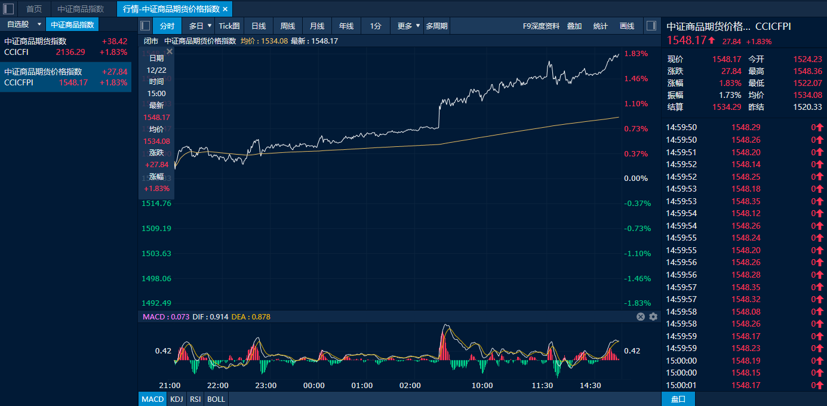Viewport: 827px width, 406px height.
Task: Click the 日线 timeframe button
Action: tap(259, 26)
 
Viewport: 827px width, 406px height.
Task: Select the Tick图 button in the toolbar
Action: tap(229, 26)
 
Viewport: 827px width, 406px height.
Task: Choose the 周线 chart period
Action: tap(288, 26)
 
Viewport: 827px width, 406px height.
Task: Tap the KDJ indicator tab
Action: tap(176, 399)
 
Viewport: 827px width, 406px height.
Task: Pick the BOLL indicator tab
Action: tap(216, 399)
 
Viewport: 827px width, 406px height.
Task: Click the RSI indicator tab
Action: tap(195, 399)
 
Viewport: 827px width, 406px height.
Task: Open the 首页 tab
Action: tap(34, 9)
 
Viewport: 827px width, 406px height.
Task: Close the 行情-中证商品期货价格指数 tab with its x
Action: tap(225, 9)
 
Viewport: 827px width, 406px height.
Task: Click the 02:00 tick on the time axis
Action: tap(410, 386)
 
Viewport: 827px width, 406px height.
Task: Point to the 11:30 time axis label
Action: tap(542, 386)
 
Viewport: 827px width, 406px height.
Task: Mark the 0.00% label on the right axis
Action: tap(636, 179)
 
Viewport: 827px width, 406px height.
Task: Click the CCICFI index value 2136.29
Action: tap(70, 52)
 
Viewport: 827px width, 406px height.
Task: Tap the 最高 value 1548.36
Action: tap(808, 71)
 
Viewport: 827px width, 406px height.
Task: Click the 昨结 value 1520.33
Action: tap(808, 107)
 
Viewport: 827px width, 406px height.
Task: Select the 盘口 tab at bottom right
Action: tap(678, 399)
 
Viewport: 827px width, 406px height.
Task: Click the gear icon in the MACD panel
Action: tap(653, 316)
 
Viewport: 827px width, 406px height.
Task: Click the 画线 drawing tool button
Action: tap(627, 26)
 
